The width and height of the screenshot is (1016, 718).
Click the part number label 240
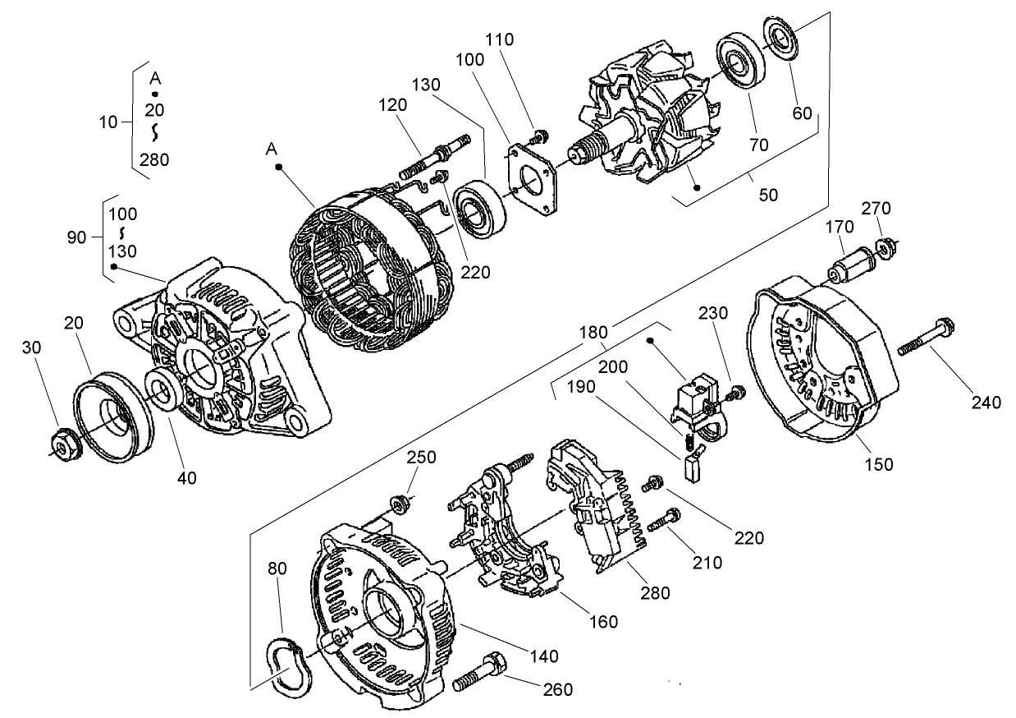[986, 402]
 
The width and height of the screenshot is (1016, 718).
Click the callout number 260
[557, 689]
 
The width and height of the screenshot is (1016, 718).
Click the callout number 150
[879, 464]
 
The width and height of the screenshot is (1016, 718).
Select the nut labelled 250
[401, 502]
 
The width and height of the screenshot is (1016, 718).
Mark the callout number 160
[603, 622]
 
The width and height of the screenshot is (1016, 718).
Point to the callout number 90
[76, 237]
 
